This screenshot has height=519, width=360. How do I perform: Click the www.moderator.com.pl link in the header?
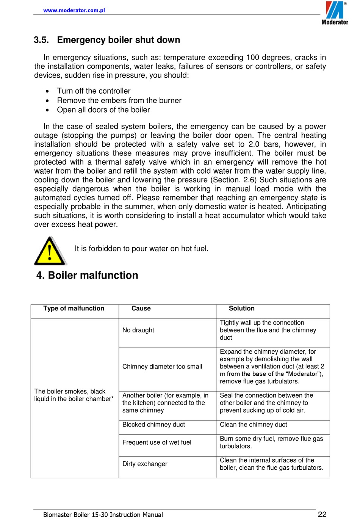(x=74, y=10)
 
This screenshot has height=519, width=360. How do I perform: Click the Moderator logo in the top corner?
(x=335, y=13)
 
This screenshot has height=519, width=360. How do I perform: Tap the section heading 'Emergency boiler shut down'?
(x=118, y=40)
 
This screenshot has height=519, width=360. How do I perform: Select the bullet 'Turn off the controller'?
(x=94, y=91)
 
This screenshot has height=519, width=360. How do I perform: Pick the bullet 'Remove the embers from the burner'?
(x=119, y=100)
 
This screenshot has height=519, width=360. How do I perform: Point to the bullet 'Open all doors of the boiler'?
(x=103, y=110)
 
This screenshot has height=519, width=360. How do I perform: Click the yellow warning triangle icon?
(x=50, y=251)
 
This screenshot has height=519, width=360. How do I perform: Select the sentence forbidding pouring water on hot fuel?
(x=141, y=249)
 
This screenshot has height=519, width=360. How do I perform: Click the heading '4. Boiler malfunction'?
(x=87, y=275)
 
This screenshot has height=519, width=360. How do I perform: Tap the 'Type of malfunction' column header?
(x=74, y=309)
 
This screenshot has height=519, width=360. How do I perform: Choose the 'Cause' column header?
(x=141, y=309)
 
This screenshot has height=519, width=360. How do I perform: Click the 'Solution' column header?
(x=241, y=309)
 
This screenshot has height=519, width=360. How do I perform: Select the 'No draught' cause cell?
(x=138, y=330)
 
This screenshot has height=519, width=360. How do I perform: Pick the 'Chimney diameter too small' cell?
(x=162, y=367)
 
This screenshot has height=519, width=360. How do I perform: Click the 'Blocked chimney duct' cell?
(x=153, y=425)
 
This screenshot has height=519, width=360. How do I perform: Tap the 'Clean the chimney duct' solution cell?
(x=253, y=425)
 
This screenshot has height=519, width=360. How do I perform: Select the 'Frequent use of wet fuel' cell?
(x=157, y=442)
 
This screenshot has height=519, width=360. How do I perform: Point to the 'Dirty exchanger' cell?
(x=145, y=464)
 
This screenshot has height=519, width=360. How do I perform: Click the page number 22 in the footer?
(x=322, y=514)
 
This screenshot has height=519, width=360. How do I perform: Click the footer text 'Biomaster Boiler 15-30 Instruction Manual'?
(x=103, y=514)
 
